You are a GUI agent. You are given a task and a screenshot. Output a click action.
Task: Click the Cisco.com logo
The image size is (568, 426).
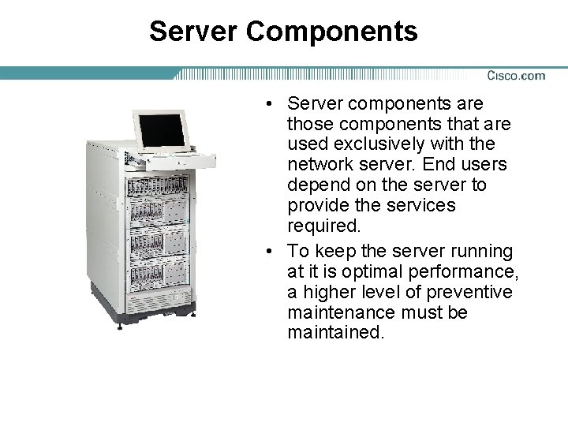pyautogui.click(x=516, y=76)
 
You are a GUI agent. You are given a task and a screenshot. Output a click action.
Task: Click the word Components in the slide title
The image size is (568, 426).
pyautogui.click(x=332, y=32)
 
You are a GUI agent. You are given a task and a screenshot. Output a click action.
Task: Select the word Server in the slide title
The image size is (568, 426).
pyautogui.click(x=193, y=32)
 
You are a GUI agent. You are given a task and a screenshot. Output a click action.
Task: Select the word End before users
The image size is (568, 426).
pyautogui.click(x=437, y=165)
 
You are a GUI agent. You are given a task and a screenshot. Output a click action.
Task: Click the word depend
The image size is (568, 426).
pyautogui.click(x=317, y=185)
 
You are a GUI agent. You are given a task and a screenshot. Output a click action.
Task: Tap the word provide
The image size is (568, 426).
pyautogui.click(x=320, y=206)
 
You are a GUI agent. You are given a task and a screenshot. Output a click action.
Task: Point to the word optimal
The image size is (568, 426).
pyautogui.click(x=357, y=272)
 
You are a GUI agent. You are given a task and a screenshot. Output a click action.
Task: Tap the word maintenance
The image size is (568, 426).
pyautogui.click(x=338, y=313)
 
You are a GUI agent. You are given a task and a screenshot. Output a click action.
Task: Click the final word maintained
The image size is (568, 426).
pyautogui.click(x=336, y=333)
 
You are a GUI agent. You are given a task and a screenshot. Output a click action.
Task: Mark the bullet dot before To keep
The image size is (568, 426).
pyautogui.click(x=271, y=252)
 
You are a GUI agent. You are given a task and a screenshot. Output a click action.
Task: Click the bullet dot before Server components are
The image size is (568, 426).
pyautogui.click(x=271, y=103)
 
